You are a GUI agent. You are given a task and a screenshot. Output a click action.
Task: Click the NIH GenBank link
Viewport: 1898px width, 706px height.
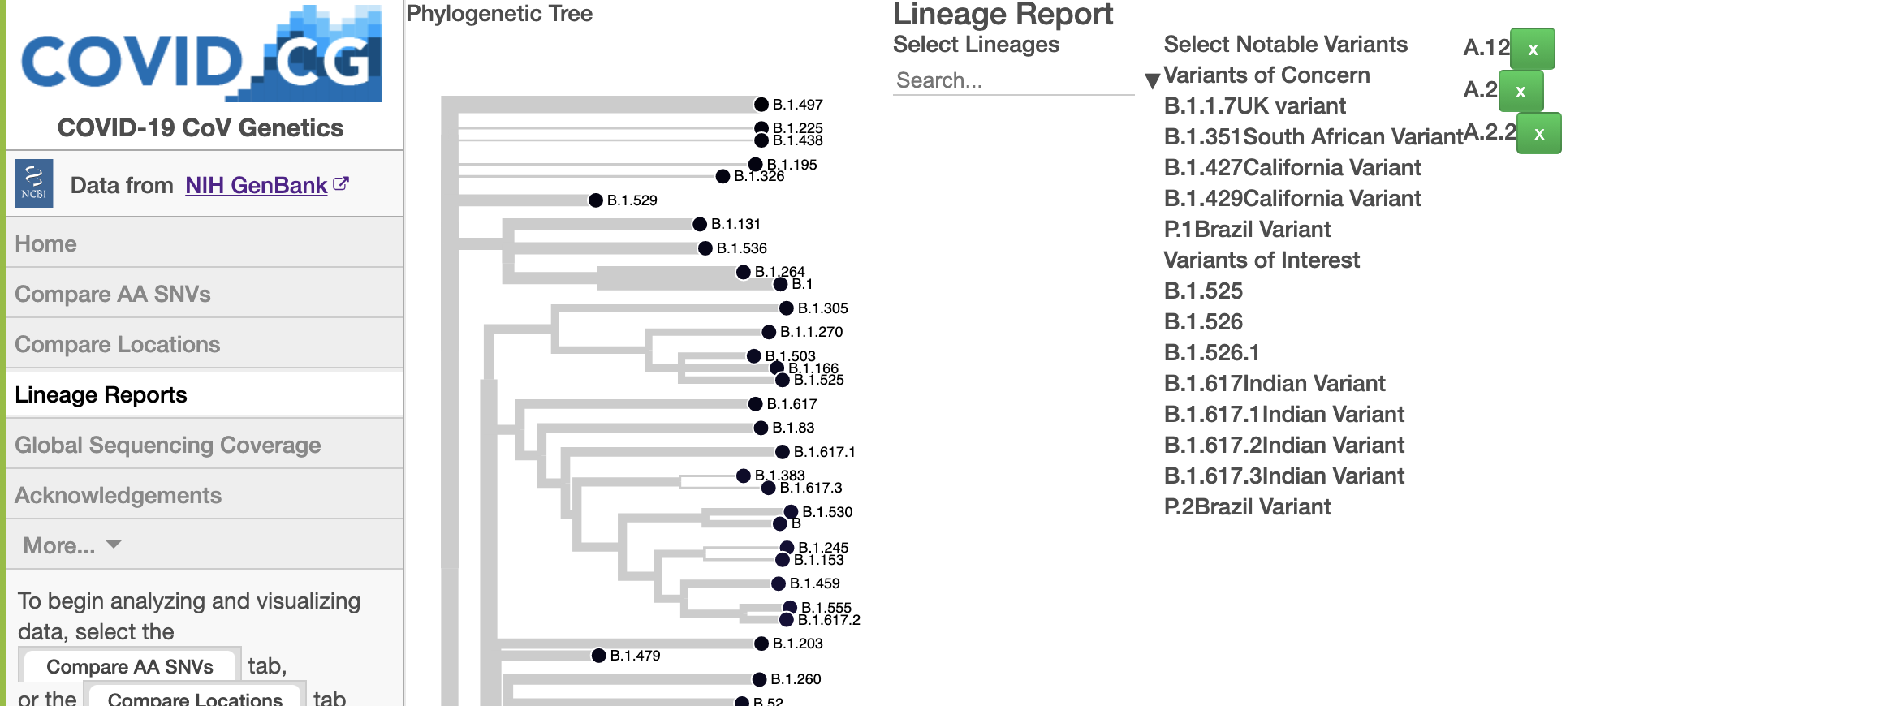[x=257, y=186]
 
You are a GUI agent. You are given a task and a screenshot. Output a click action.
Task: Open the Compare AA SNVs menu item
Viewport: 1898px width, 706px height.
[x=113, y=294]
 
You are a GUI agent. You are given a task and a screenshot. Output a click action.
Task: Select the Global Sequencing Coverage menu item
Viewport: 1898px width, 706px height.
[x=168, y=445]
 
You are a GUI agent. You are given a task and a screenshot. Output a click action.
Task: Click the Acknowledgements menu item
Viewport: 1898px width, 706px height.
[x=119, y=495]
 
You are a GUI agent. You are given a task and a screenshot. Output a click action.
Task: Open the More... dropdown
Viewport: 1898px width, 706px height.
[x=71, y=545]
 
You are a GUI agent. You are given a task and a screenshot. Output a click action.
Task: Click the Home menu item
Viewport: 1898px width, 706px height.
[x=46, y=243]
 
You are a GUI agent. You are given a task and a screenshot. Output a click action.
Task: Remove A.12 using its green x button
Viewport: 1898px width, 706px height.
[x=1533, y=50]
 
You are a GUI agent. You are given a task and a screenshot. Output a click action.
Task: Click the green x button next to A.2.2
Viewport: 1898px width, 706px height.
[x=1538, y=134]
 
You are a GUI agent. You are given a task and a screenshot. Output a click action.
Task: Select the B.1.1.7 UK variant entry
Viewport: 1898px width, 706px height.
[x=1254, y=106]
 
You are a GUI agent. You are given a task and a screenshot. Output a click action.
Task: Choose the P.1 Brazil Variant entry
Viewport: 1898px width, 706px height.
[x=1247, y=230]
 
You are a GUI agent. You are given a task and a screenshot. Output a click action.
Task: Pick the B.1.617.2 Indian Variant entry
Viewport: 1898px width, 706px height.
[x=1283, y=446]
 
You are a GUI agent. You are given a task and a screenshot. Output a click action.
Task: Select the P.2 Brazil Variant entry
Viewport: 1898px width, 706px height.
[x=1247, y=507]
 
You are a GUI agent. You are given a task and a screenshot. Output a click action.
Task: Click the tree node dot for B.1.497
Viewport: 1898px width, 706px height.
[x=761, y=105]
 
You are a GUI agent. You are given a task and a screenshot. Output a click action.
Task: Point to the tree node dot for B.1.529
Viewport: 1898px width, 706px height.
[x=596, y=200]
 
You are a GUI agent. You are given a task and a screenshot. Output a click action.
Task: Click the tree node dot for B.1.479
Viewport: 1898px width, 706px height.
[x=598, y=656]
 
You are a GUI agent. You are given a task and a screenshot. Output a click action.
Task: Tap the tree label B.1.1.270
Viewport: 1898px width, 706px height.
[x=811, y=332]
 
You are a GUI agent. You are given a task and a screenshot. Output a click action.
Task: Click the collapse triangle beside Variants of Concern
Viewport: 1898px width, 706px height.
[x=1151, y=80]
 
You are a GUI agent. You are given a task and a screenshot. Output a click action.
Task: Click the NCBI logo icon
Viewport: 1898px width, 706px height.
[x=34, y=183]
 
